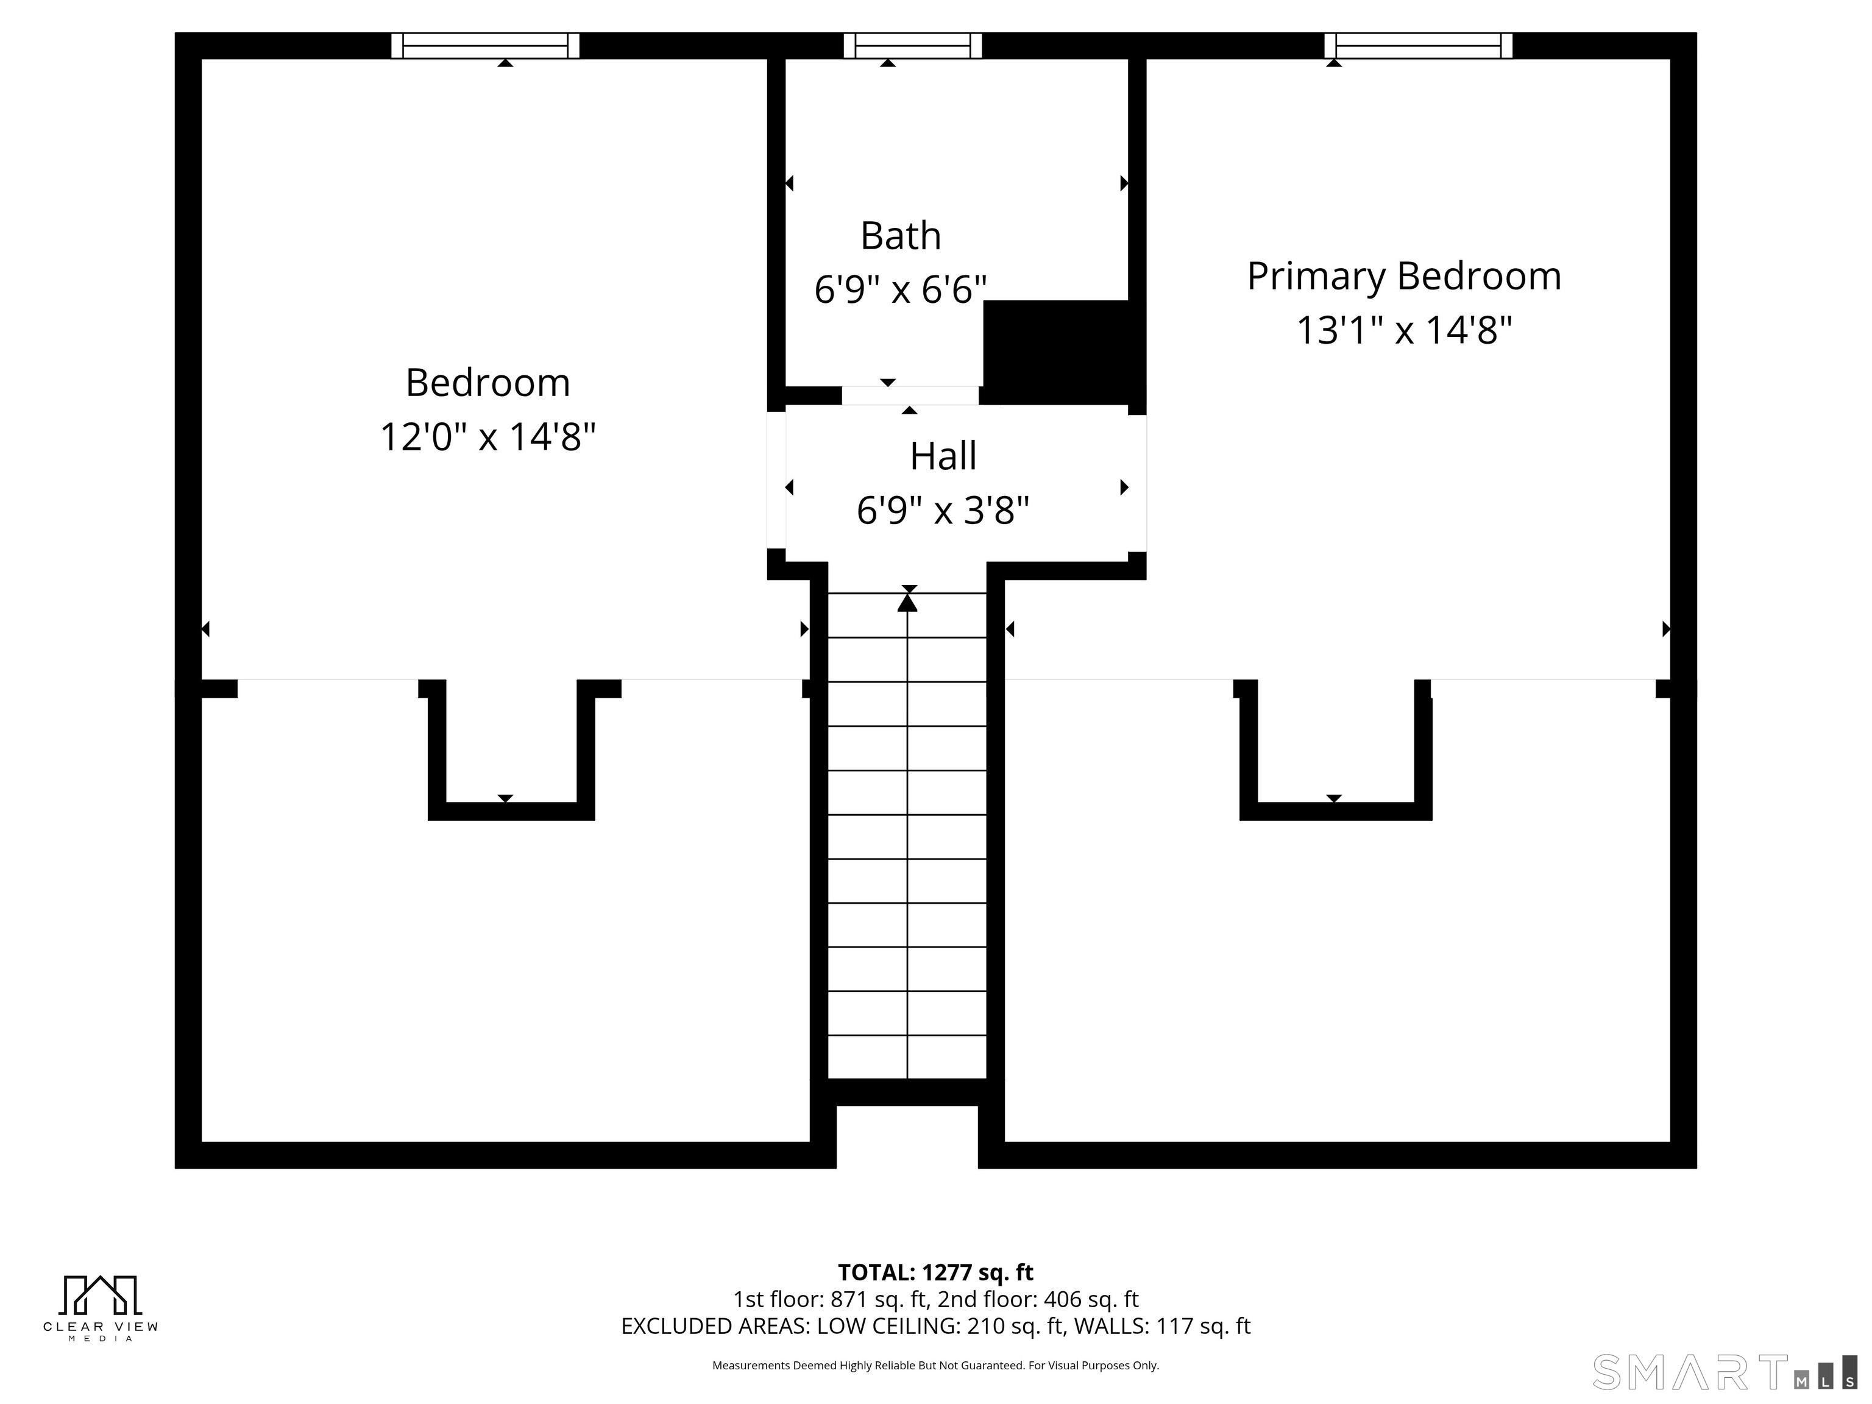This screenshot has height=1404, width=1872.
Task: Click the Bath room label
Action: pos(901,236)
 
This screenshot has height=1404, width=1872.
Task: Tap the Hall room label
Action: pos(943,456)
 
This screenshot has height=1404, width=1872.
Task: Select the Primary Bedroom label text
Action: pos(1404,277)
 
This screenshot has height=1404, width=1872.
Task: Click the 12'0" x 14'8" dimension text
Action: pos(487,438)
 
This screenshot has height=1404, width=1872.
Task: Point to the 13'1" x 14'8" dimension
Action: pos(1404,330)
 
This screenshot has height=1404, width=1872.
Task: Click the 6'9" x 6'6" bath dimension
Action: pos(901,290)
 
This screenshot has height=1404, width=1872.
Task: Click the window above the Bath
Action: pos(912,46)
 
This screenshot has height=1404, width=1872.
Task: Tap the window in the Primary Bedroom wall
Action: pos(1419,46)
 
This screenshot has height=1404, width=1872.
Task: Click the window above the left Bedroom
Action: pos(486,46)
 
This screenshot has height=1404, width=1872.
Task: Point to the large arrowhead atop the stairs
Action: pos(907,603)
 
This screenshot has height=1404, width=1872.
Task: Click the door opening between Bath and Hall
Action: pos(910,396)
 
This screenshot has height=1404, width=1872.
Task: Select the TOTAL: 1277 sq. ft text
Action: pos(935,1272)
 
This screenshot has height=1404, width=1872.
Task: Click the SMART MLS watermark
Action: pos(1724,1372)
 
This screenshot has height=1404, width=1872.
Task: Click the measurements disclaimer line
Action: pos(935,1365)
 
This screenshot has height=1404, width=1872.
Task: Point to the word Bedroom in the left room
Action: pos(487,383)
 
